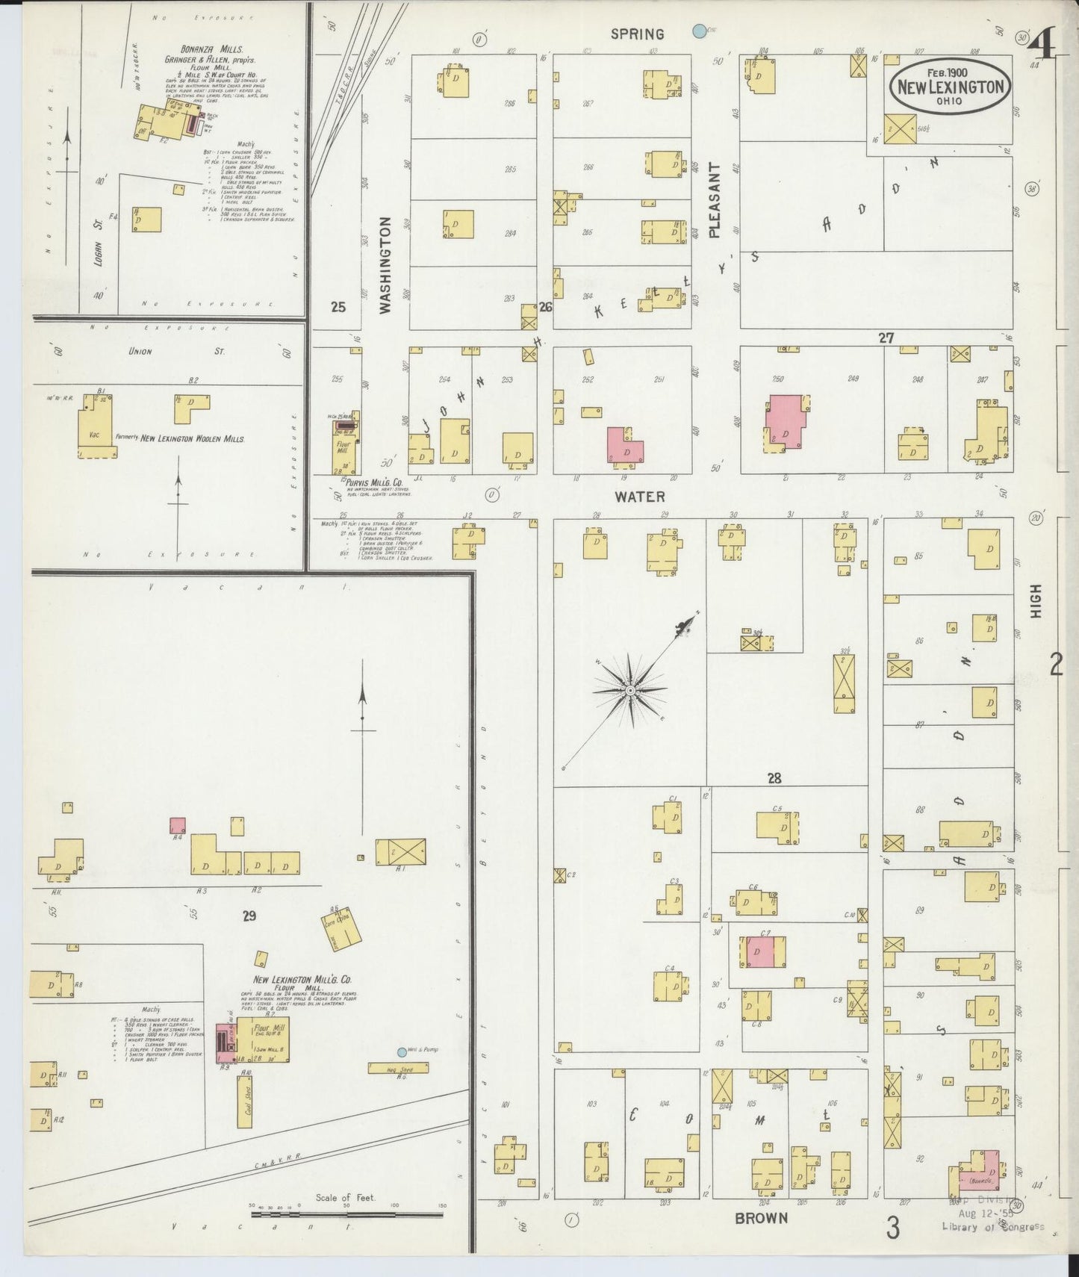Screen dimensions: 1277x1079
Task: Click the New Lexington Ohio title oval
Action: [x=950, y=87]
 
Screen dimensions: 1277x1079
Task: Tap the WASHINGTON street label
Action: [x=385, y=264]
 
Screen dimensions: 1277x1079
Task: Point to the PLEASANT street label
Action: [x=714, y=200]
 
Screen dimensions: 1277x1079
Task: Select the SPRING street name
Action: [x=637, y=34]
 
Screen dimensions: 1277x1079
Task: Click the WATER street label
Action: [x=639, y=496]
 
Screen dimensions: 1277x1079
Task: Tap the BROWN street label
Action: [x=761, y=1217]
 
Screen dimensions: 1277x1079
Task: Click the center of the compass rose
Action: [x=631, y=690]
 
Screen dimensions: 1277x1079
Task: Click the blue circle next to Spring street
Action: [x=699, y=31]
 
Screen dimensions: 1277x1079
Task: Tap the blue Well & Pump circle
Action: [x=402, y=1052]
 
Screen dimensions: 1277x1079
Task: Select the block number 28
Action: [x=774, y=778]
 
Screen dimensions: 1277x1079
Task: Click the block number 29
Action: [x=249, y=915]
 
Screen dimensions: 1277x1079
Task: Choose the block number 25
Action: [x=338, y=306]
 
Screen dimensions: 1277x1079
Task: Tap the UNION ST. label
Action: [x=140, y=351]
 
